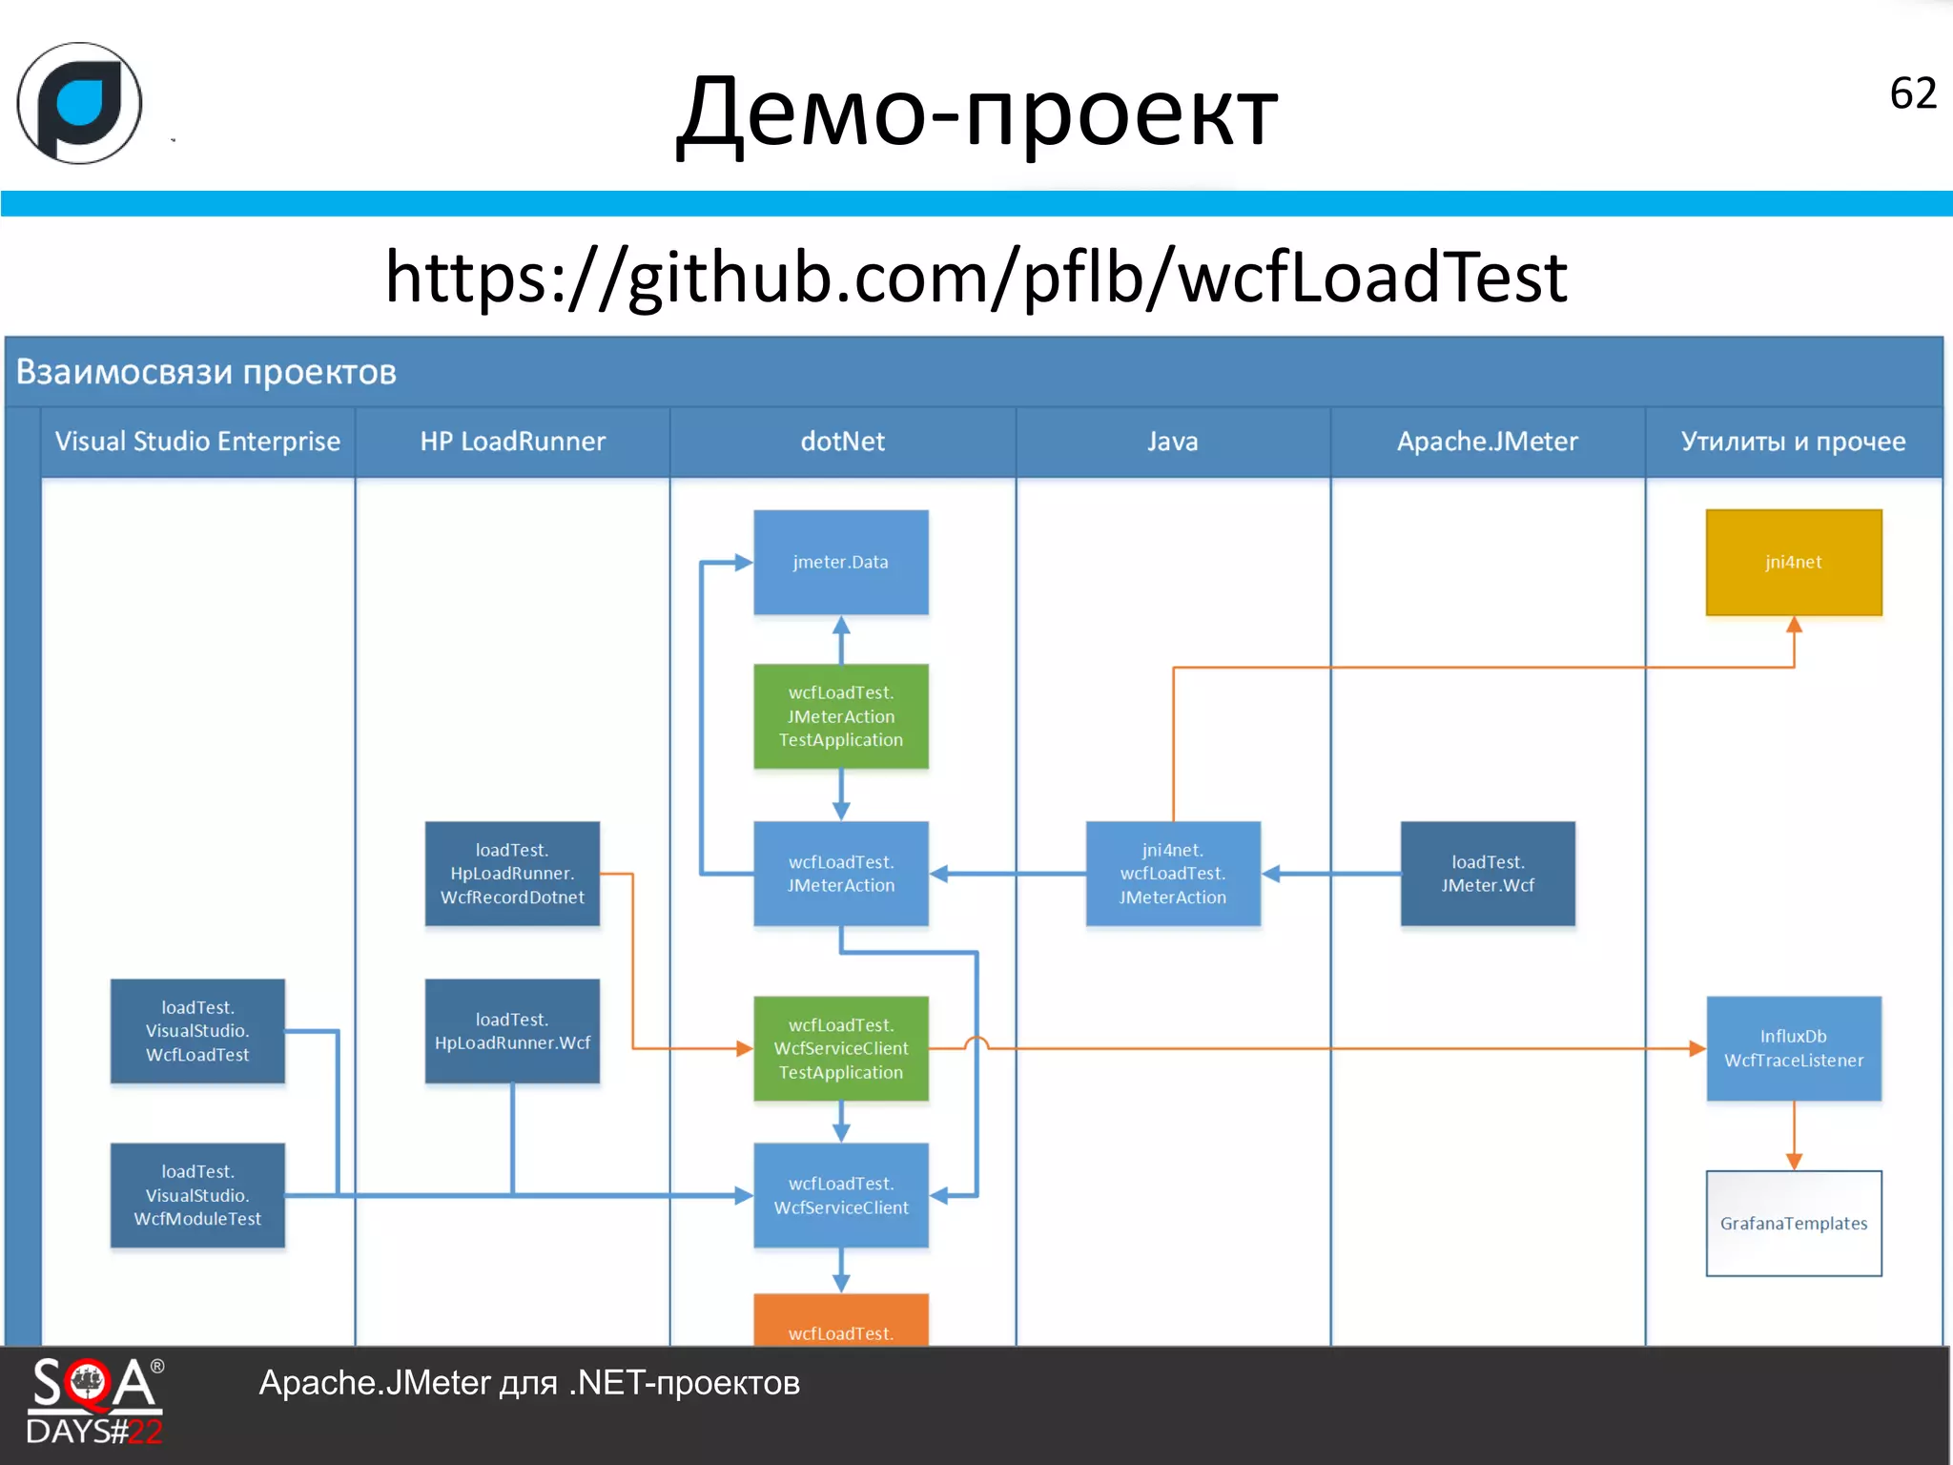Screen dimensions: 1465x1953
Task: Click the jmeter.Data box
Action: point(840,562)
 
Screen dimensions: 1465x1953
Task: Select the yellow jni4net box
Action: point(1793,562)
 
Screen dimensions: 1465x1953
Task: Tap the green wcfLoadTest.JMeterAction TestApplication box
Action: point(840,716)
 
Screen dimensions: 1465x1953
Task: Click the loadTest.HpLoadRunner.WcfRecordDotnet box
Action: point(512,874)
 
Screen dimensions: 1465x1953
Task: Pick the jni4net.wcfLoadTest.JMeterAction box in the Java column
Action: point(1172,874)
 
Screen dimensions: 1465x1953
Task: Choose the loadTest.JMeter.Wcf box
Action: point(1487,874)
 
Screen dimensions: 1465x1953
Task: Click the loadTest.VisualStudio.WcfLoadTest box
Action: point(197,1031)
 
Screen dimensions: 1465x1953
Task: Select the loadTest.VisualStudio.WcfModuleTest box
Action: point(197,1195)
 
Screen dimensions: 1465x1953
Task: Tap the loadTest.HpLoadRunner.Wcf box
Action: point(512,1031)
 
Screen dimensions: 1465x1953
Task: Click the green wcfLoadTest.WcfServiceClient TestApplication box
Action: point(840,1048)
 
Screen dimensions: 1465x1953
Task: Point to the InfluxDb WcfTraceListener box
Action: point(1793,1048)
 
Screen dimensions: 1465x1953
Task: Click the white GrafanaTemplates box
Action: point(1793,1223)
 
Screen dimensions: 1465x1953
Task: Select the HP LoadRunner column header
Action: point(512,442)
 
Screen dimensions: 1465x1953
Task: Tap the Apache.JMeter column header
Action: point(1487,442)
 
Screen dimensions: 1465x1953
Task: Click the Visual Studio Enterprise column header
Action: point(197,442)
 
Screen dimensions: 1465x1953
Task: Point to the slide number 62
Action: point(1912,93)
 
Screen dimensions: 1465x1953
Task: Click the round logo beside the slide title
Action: point(80,103)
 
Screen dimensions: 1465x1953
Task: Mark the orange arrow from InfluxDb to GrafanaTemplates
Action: point(1793,1135)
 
